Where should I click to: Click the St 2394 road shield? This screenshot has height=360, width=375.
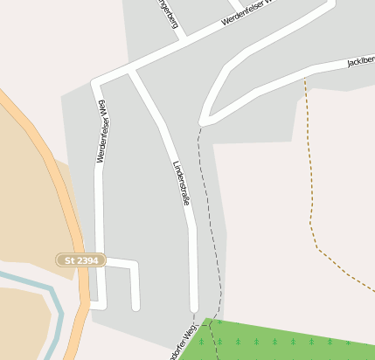point(80,260)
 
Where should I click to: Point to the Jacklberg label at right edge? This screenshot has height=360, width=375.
point(360,61)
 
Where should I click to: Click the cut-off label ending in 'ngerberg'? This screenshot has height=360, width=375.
point(167,14)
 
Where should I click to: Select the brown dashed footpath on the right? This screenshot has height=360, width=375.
point(311,175)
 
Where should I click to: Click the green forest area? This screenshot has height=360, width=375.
point(288,341)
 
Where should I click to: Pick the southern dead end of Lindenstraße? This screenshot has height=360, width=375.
point(194,308)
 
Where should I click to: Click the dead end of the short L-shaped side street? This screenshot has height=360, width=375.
point(135,307)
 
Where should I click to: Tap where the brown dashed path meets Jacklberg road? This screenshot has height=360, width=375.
point(304,77)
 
